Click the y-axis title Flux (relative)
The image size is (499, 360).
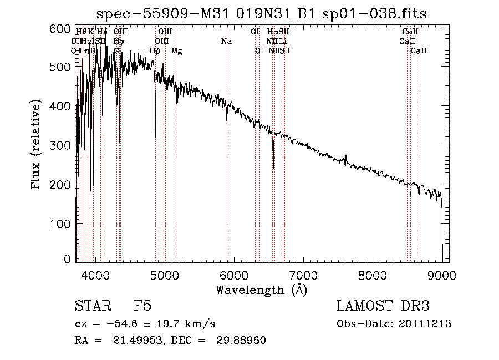pyautogui.click(x=37, y=145)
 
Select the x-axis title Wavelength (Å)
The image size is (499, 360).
pyautogui.click(x=261, y=290)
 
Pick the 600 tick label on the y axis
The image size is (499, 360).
pyautogui.click(x=64, y=28)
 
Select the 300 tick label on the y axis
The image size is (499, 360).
pyautogui.click(x=64, y=145)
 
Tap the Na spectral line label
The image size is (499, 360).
pyautogui.click(x=226, y=41)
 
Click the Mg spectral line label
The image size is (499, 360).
pyautogui.click(x=177, y=51)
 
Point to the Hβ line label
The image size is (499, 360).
pyautogui.click(x=155, y=51)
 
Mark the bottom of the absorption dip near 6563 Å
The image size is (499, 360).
pyautogui.click(x=273, y=168)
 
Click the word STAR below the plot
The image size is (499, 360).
pyautogui.click(x=93, y=306)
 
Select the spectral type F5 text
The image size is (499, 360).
pyautogui.click(x=142, y=306)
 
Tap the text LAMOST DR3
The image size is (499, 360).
pyautogui.click(x=383, y=306)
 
